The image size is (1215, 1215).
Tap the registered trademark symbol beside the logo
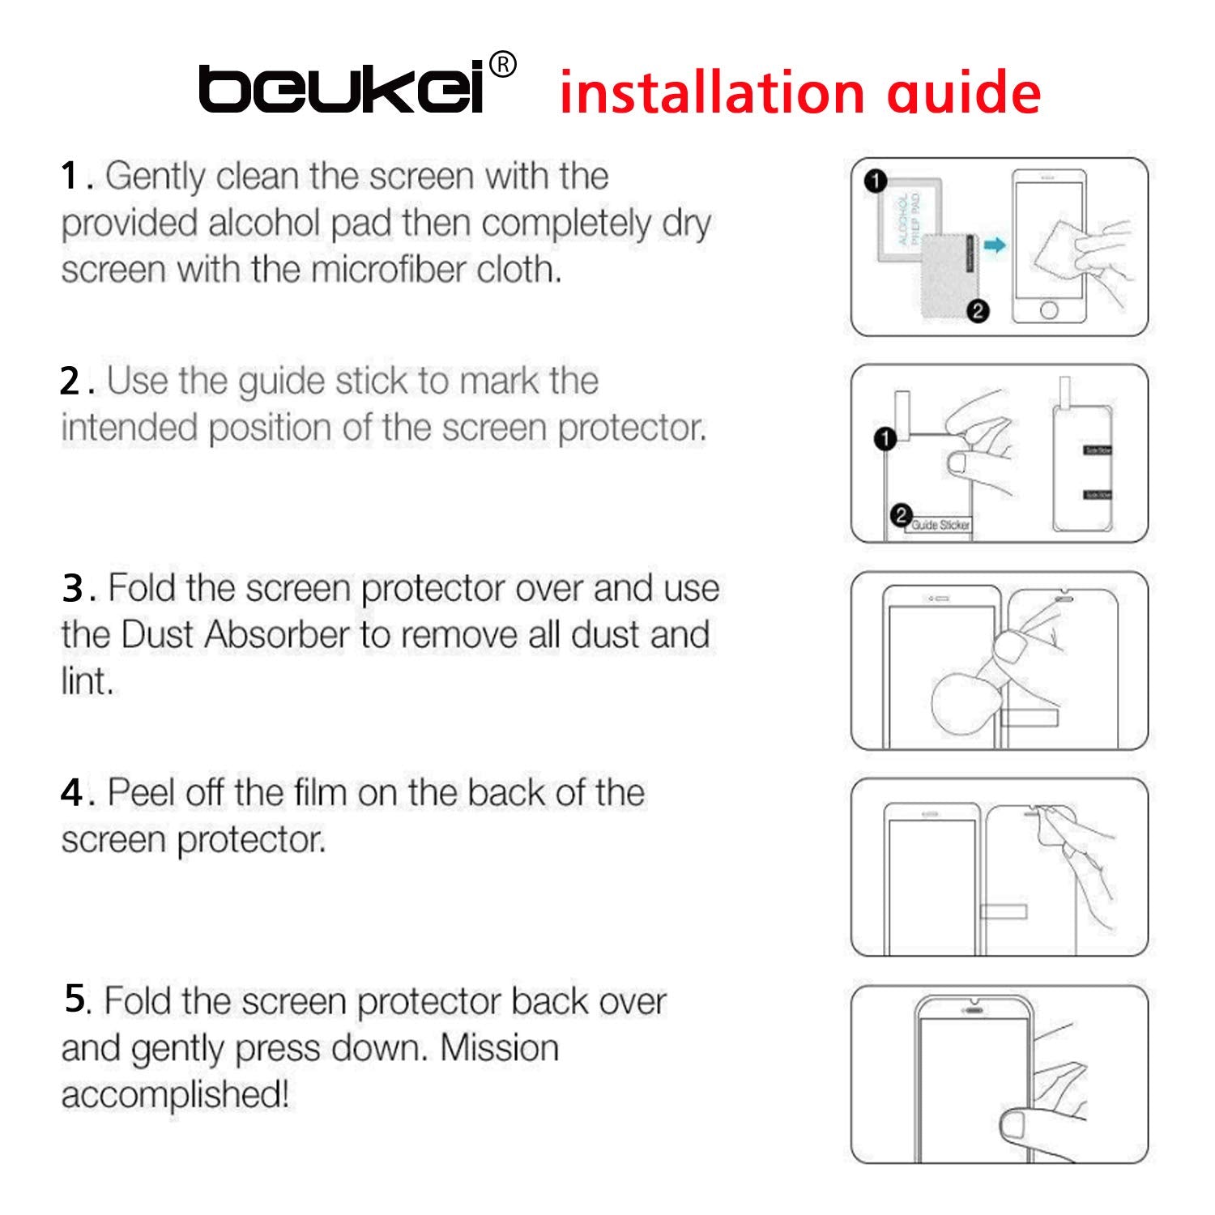(503, 65)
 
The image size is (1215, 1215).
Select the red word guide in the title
(964, 94)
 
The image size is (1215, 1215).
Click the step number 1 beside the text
(70, 177)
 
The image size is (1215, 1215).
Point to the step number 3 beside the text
(72, 589)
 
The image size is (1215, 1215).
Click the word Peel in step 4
(142, 793)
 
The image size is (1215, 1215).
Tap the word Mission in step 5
(499, 1048)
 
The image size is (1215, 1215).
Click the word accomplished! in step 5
(175, 1095)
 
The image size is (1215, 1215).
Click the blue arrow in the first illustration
(995, 245)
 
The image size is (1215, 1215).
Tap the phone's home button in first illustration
(1049, 310)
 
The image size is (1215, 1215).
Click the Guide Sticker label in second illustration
(940, 525)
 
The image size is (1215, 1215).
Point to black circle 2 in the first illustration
(978, 311)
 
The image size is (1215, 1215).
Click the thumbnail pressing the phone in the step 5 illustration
(1013, 1124)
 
